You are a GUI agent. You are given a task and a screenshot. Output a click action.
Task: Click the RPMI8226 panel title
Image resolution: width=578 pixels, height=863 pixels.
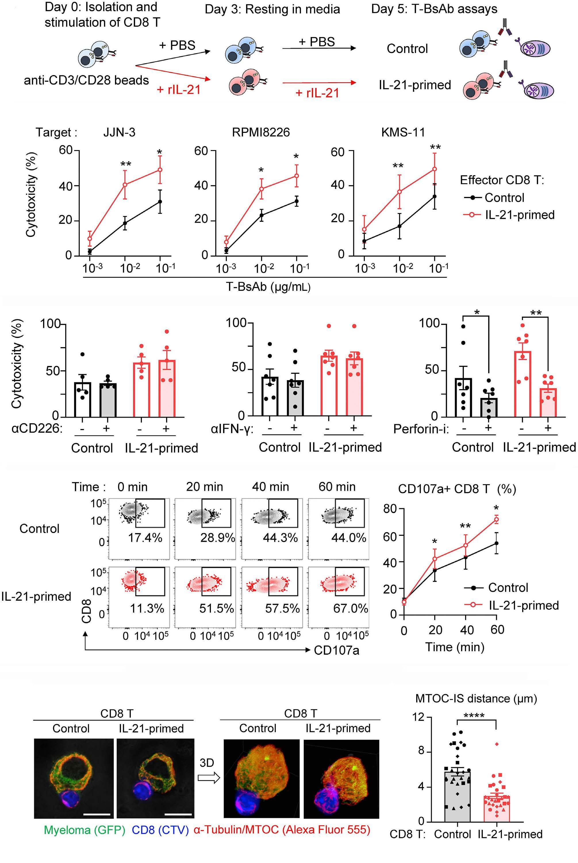pyautogui.click(x=261, y=132)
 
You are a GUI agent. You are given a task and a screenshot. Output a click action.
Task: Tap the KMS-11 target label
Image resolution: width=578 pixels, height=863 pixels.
pyautogui.click(x=403, y=132)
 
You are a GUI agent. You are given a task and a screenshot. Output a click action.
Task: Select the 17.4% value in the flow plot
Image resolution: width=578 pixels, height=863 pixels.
pyautogui.click(x=145, y=538)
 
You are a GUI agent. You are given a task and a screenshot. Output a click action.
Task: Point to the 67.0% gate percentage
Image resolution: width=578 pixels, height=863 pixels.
pyautogui.click(x=350, y=608)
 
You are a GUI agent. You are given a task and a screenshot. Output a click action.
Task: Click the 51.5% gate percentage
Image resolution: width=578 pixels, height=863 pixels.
pyautogui.click(x=217, y=608)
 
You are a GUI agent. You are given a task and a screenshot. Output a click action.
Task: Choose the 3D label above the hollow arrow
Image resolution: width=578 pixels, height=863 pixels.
pyautogui.click(x=207, y=763)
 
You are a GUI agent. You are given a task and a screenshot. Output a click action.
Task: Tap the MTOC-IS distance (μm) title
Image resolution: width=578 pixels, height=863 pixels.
pyautogui.click(x=476, y=698)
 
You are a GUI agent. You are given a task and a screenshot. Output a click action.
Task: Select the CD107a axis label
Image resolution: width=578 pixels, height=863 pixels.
pyautogui.click(x=336, y=650)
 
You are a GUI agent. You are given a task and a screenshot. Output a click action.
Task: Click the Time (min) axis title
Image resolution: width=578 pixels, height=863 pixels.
pyautogui.click(x=455, y=647)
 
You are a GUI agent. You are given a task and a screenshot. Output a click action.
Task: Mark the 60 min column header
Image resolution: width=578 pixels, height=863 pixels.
pyautogui.click(x=337, y=487)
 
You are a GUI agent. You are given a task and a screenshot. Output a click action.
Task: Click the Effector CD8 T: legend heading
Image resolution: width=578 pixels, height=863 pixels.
pyautogui.click(x=502, y=180)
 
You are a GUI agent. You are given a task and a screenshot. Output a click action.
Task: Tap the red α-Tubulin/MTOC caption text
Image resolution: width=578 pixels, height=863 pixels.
pyautogui.click(x=282, y=830)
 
